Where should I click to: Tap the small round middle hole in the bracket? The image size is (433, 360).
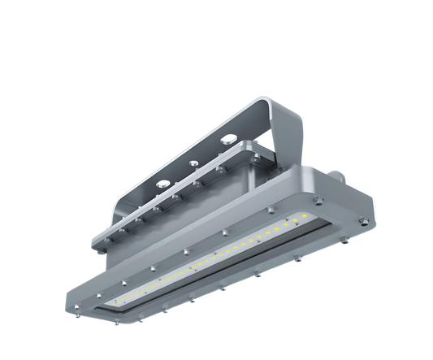pyautogui.click(x=193, y=163)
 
